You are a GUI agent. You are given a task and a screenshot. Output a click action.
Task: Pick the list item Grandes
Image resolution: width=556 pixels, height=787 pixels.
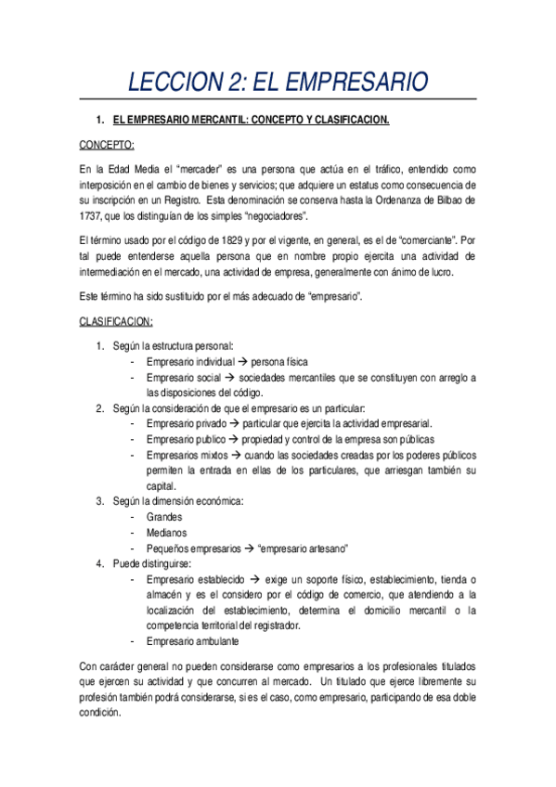pos(164,517)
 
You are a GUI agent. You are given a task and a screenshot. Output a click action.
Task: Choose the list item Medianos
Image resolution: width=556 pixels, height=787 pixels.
pos(166,533)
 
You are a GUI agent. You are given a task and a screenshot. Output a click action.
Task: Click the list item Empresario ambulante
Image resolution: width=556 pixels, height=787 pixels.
pos(193,640)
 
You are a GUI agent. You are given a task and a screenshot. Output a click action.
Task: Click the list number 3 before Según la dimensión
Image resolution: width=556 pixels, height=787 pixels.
pos(100,501)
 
